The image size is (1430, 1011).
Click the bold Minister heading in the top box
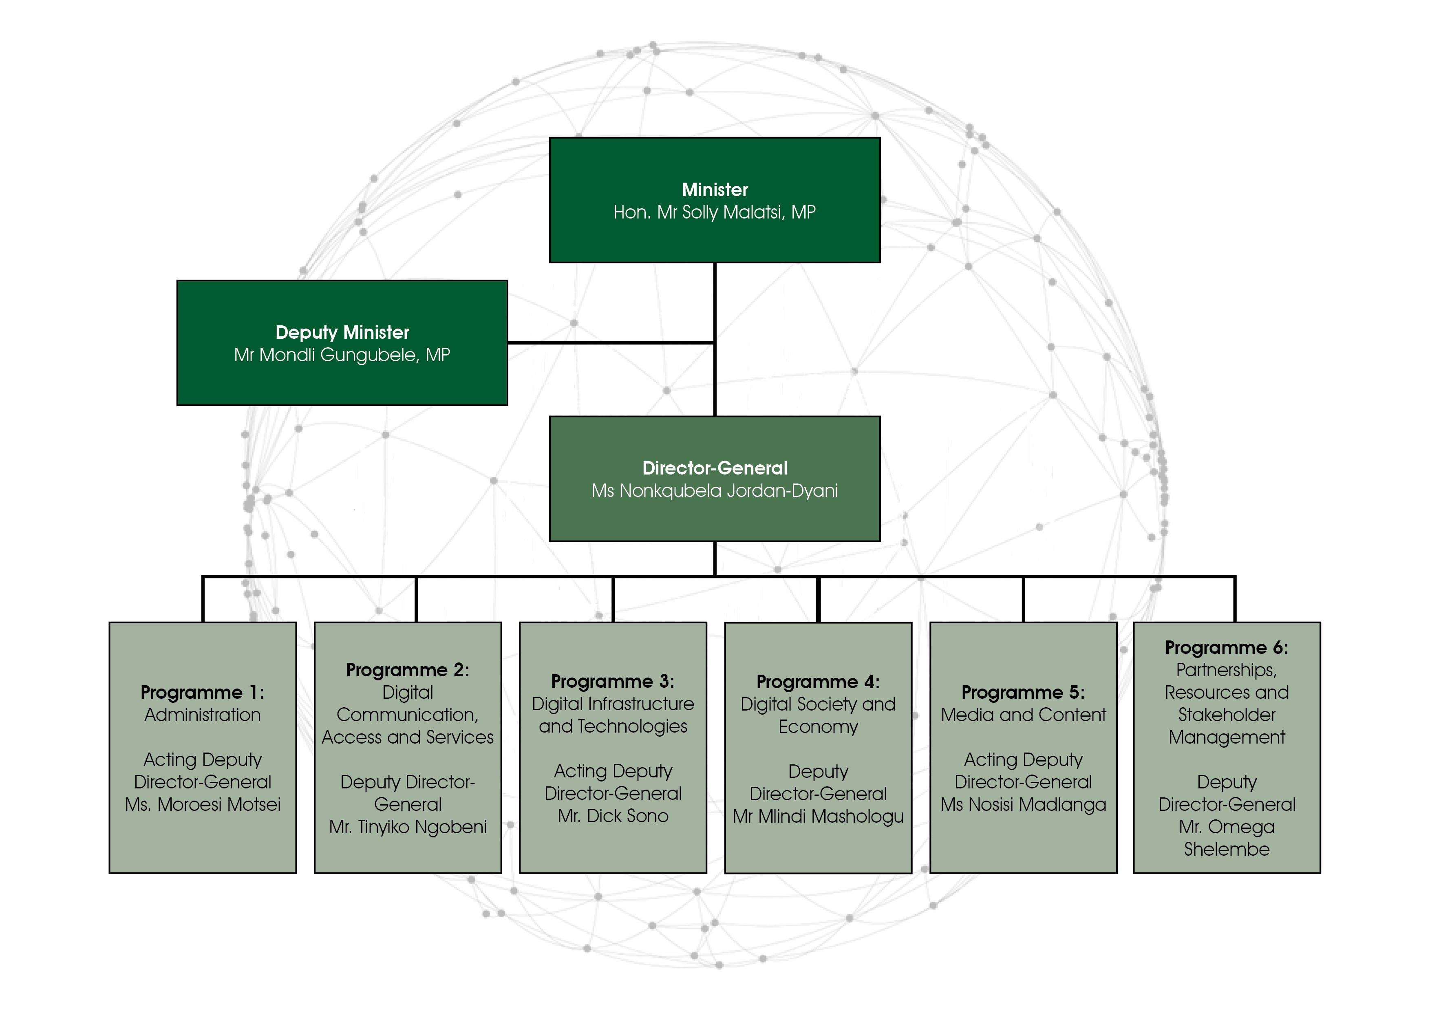pyautogui.click(x=714, y=190)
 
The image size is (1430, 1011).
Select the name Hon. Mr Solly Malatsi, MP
pyautogui.click(x=714, y=212)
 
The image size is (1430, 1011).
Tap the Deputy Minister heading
pyautogui.click(x=342, y=332)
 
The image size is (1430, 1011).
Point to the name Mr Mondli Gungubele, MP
pyautogui.click(x=342, y=355)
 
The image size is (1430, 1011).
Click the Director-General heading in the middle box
pyautogui.click(x=714, y=468)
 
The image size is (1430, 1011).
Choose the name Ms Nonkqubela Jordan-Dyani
pyautogui.click(x=714, y=491)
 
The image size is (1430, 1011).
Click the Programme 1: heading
pyautogui.click(x=203, y=692)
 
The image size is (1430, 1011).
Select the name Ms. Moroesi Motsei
pyautogui.click(x=203, y=804)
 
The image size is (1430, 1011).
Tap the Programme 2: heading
pyautogui.click(x=407, y=670)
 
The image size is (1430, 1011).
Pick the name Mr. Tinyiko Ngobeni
pyautogui.click(x=407, y=827)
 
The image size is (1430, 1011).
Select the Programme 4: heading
pyautogui.click(x=818, y=682)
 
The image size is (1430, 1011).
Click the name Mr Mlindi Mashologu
pyautogui.click(x=818, y=816)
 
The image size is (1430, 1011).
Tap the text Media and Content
pyautogui.click(x=1023, y=715)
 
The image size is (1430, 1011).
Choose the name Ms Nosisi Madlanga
pyautogui.click(x=1023, y=804)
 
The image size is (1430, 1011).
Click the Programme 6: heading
pyautogui.click(x=1226, y=647)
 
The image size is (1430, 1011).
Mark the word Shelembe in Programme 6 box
pyautogui.click(x=1226, y=849)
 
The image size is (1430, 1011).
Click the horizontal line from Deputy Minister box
pyautogui.click(x=610, y=342)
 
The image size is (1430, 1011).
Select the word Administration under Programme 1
pyautogui.click(x=203, y=715)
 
